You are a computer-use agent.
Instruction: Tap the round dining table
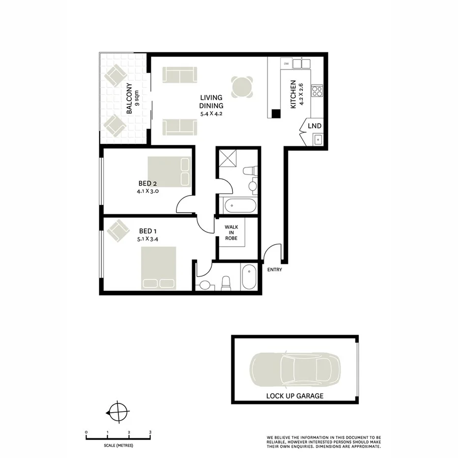click(x=243, y=87)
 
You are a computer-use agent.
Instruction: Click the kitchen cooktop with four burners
click(x=317, y=91)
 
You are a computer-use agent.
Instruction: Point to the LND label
click(x=315, y=126)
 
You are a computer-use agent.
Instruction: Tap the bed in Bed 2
click(x=169, y=172)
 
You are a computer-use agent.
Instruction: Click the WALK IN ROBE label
click(x=231, y=232)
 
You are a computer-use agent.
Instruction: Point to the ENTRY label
click(x=275, y=269)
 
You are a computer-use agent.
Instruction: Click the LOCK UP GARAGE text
click(x=295, y=396)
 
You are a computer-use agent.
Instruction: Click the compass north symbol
click(x=118, y=411)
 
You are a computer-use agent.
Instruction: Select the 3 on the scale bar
click(x=150, y=432)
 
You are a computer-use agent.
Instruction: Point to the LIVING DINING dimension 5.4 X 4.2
click(x=211, y=114)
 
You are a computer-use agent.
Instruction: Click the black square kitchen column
click(x=276, y=114)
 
